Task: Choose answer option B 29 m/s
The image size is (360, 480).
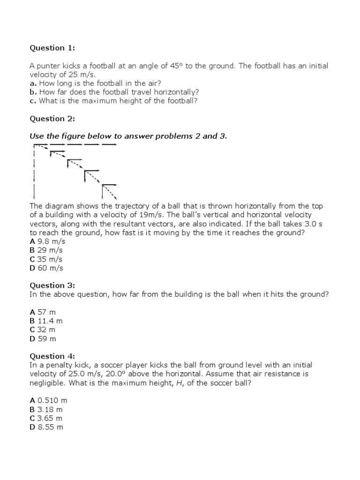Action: click(46, 250)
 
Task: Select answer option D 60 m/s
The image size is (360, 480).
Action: click(46, 268)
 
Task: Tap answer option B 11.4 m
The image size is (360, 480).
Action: click(46, 321)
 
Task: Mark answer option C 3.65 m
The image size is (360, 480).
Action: click(46, 418)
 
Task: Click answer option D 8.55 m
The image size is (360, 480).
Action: click(46, 427)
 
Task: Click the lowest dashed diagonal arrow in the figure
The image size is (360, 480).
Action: click(110, 191)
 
